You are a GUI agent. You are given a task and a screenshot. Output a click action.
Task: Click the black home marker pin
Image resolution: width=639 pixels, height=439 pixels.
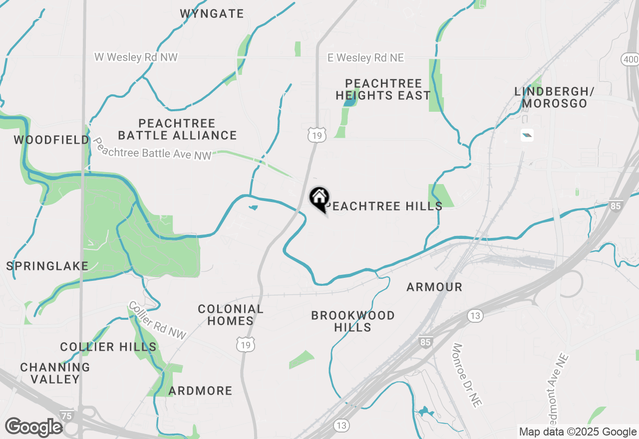319,198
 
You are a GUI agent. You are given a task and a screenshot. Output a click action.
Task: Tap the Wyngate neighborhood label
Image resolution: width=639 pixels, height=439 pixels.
212,13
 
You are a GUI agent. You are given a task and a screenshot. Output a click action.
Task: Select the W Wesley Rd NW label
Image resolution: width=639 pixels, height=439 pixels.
136,57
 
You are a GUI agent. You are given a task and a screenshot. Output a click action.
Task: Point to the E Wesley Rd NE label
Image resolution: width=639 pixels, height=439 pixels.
365,58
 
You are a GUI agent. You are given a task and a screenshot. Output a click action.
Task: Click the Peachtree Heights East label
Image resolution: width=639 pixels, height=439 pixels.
383,89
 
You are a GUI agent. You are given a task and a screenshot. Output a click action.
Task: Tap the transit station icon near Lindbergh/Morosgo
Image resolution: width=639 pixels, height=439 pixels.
527,135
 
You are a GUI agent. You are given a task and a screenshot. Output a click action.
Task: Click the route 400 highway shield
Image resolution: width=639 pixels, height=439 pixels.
630,59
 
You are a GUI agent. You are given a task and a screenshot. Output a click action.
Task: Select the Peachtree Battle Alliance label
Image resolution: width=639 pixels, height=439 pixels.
178,129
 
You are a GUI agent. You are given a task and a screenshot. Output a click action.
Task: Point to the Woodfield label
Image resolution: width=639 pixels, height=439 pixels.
51,140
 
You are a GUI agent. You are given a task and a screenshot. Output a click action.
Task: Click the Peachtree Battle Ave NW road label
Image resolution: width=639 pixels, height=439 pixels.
152,149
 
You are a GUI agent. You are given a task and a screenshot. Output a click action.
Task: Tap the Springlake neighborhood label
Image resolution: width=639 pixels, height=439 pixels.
47,266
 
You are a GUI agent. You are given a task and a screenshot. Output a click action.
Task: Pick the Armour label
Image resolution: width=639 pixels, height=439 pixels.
434,287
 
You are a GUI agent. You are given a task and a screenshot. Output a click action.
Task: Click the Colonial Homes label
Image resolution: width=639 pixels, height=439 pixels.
231,315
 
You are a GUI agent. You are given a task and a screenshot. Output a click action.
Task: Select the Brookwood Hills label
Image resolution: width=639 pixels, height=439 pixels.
353,321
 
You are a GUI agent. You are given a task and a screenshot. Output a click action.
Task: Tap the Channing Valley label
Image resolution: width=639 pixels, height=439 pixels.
55,373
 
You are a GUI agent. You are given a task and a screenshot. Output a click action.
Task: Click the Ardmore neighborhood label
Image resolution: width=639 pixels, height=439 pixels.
200,391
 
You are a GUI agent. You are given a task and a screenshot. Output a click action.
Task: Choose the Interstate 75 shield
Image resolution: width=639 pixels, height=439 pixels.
66,416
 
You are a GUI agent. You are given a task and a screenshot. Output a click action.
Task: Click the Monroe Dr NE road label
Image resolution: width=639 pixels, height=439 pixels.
466,375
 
